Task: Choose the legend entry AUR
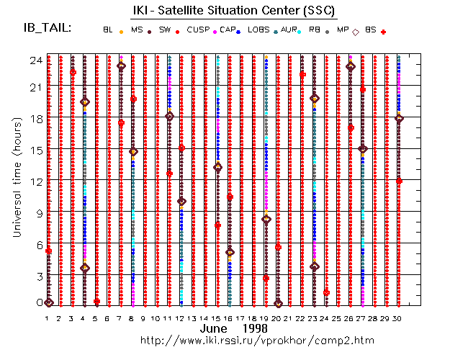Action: pos(289,30)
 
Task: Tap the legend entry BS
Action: pos(372,30)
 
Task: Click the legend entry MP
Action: pos(343,30)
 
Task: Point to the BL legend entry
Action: pos(108,30)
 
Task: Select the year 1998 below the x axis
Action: pos(256,328)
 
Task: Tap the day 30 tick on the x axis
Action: pos(399,318)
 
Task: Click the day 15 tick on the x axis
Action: pos(217,318)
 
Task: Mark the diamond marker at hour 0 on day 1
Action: pos(48,302)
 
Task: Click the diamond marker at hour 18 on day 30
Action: pos(399,118)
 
